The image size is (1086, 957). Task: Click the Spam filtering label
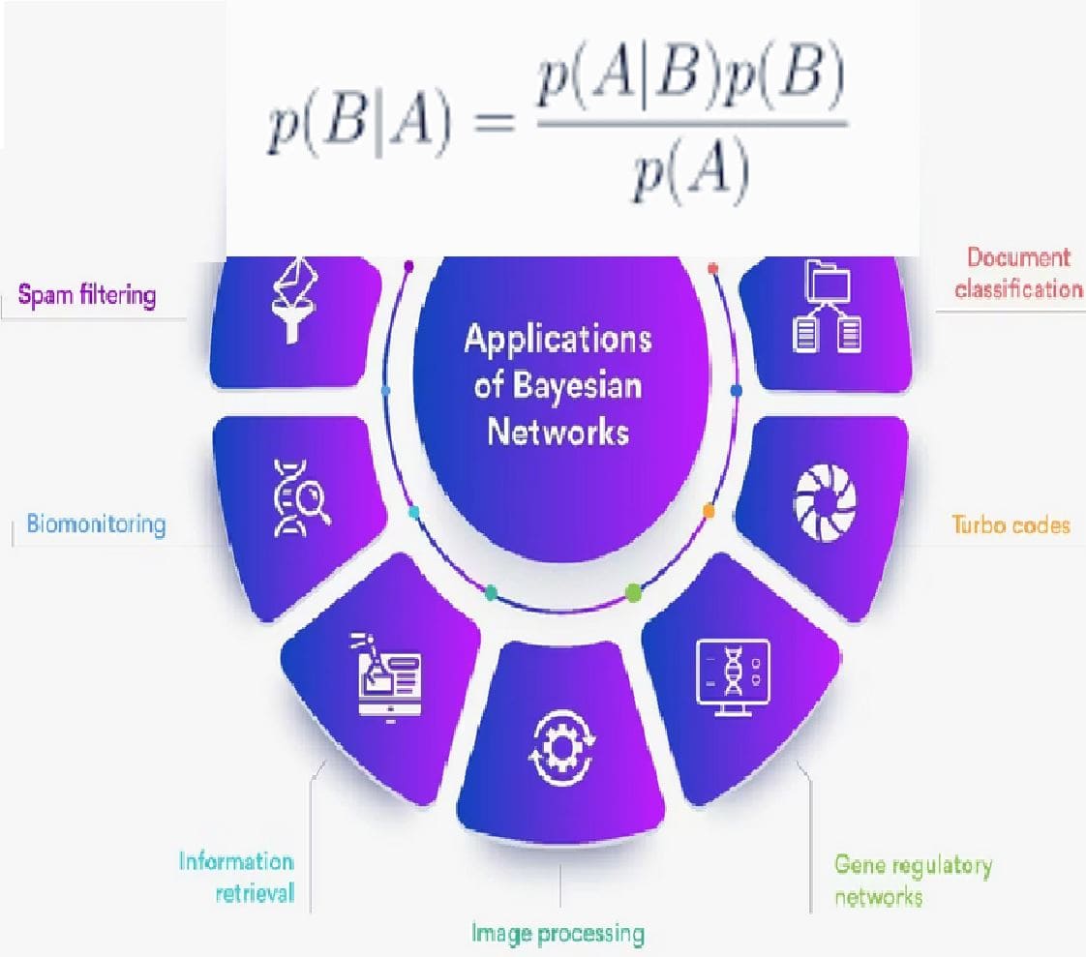point(88,293)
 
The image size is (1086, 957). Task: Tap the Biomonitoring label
point(96,525)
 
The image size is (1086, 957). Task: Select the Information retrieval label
point(237,877)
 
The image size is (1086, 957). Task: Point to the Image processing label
point(558,934)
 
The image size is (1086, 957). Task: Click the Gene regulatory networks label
point(913,880)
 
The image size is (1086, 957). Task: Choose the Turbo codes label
point(1011,525)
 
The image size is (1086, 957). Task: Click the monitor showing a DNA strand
point(733,677)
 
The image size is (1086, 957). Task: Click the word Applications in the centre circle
point(558,341)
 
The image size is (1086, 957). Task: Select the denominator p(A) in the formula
point(690,174)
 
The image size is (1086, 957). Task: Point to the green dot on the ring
point(633,590)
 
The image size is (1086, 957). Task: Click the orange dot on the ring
point(709,510)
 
